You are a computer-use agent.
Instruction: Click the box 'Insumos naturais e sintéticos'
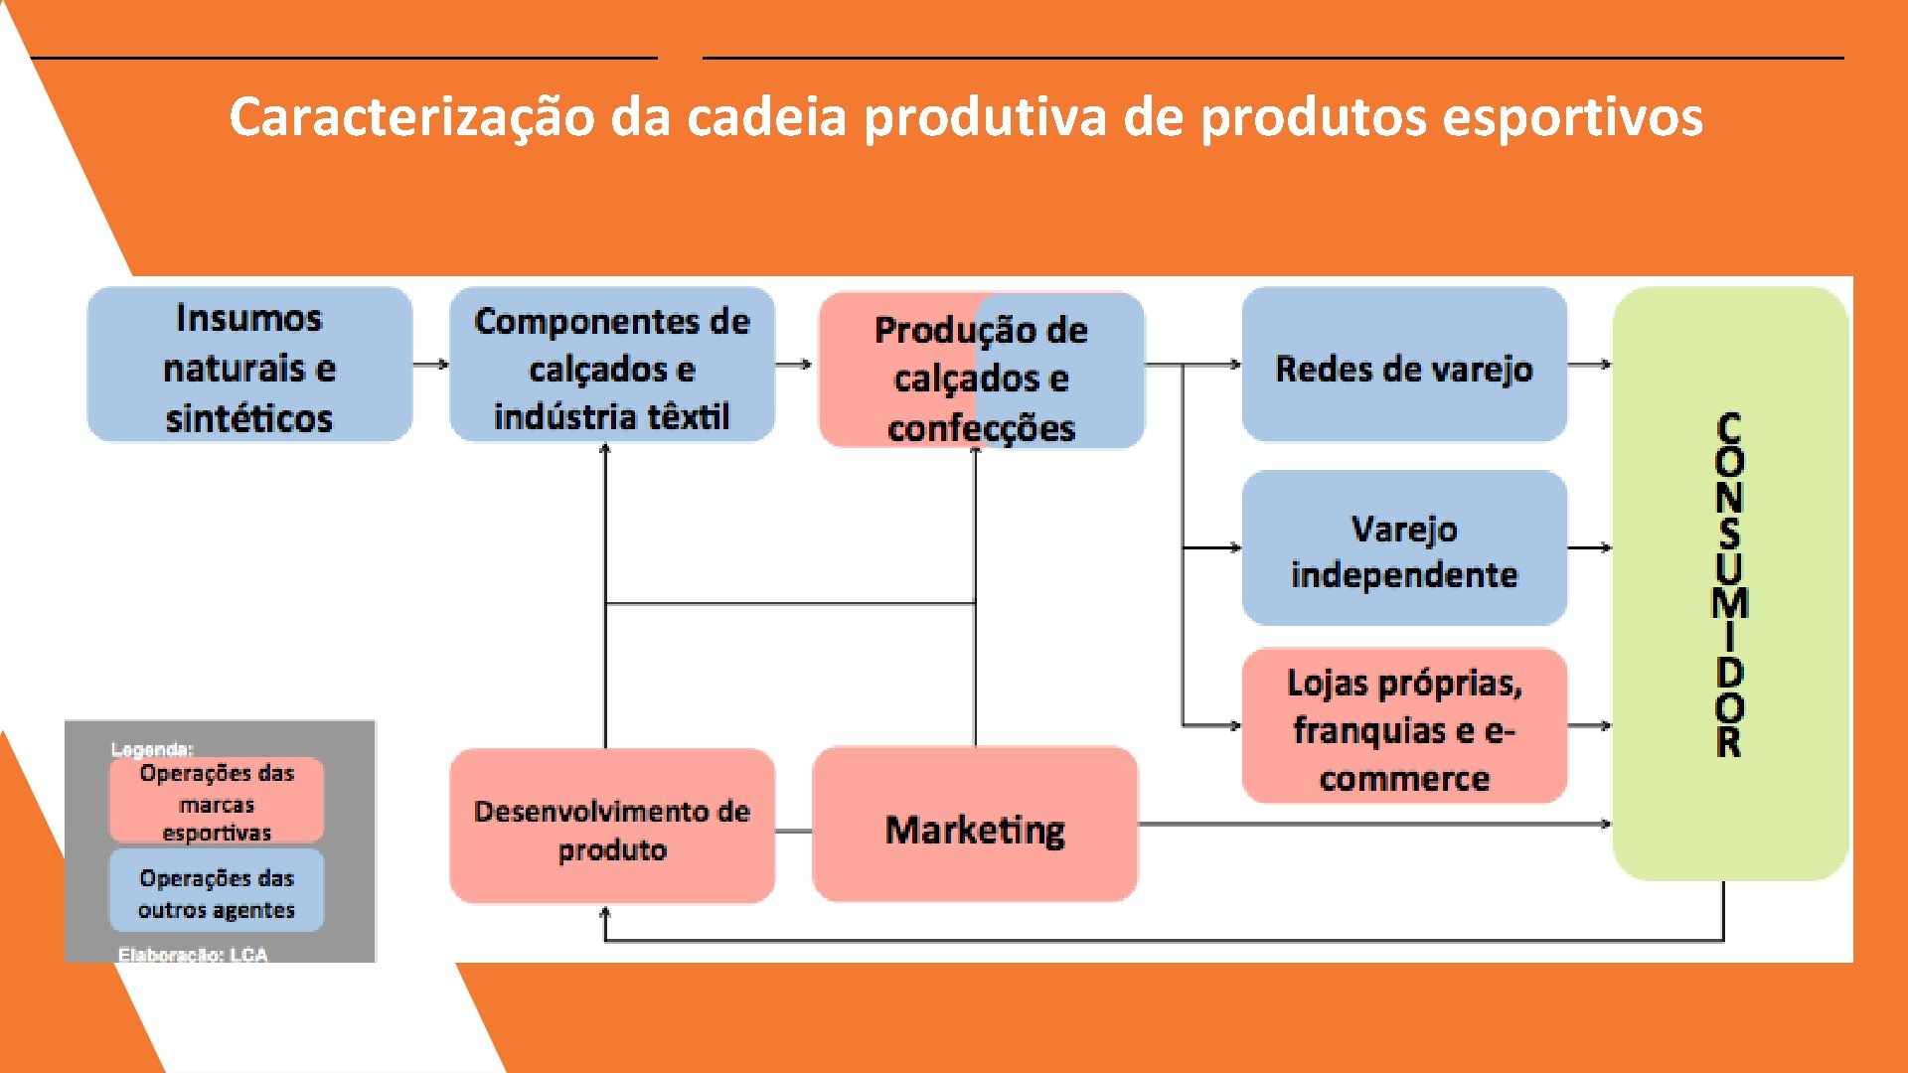(249, 365)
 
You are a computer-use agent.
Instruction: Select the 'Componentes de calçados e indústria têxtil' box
(612, 365)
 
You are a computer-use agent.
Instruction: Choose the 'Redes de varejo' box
(1404, 365)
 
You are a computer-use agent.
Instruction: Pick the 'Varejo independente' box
(1404, 548)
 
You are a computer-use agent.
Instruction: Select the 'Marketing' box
(975, 826)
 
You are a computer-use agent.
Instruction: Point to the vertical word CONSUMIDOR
(1729, 584)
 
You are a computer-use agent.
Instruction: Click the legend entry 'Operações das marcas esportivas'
(217, 802)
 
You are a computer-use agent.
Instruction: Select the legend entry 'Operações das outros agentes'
(217, 891)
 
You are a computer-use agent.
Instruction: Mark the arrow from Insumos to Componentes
(430, 365)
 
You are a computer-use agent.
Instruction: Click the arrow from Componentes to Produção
(794, 365)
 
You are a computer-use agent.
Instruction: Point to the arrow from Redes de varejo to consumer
(1590, 365)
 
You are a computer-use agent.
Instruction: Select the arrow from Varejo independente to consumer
(1590, 547)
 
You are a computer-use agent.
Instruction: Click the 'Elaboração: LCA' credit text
(193, 955)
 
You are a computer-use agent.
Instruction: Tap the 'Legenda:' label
(152, 749)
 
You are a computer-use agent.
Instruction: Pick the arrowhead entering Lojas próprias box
(1235, 725)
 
